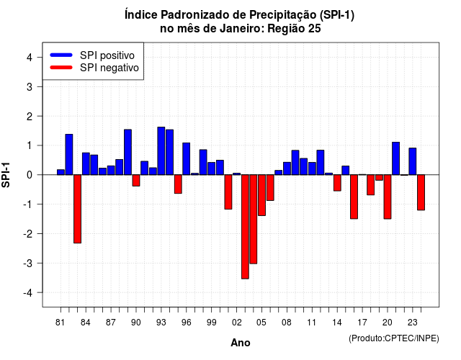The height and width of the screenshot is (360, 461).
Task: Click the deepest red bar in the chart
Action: pyautogui.click(x=245, y=227)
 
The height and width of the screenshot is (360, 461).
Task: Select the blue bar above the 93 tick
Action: pyautogui.click(x=161, y=150)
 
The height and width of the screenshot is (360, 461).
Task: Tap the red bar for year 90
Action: pyautogui.click(x=136, y=180)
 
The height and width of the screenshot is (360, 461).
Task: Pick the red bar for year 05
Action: pyautogui.click(x=261, y=195)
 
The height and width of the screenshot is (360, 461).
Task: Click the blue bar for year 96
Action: pyautogui.click(x=186, y=158)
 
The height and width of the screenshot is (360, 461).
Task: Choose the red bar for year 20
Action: pyautogui.click(x=388, y=197)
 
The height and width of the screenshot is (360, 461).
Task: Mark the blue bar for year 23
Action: pyautogui.click(x=413, y=161)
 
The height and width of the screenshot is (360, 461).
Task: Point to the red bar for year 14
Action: pyautogui.click(x=337, y=183)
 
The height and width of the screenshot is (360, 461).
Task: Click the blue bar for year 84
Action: pyautogui.click(x=86, y=163)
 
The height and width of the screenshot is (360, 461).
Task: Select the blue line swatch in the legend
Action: pyautogui.click(x=61, y=55)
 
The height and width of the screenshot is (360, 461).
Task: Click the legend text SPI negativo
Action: pyautogui.click(x=109, y=68)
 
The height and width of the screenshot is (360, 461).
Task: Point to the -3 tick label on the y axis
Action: pyautogui.click(x=28, y=263)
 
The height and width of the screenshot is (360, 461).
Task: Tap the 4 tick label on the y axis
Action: pyautogui.click(x=30, y=57)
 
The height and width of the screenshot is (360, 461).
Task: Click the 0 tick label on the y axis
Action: pyautogui.click(x=30, y=175)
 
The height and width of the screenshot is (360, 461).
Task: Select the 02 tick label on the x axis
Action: pyautogui.click(x=236, y=323)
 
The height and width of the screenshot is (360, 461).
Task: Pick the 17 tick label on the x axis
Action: pyautogui.click(x=362, y=323)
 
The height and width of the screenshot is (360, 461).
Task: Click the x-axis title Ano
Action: pyautogui.click(x=241, y=343)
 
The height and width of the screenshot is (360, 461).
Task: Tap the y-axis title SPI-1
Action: pyautogui.click(x=6, y=175)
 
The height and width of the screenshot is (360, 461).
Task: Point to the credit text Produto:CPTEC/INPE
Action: pyautogui.click(x=394, y=338)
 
